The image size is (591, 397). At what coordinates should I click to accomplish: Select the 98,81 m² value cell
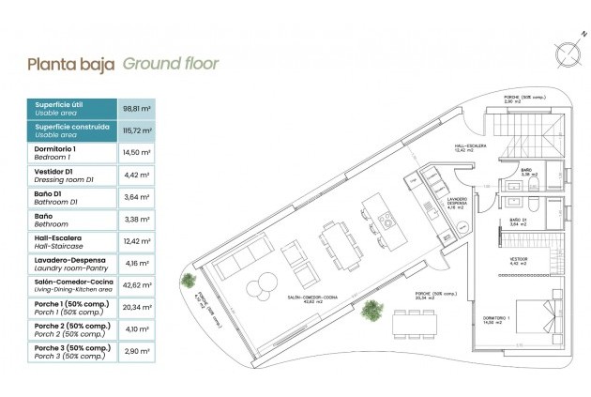tap(138, 108)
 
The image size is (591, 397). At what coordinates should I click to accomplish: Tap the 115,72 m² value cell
tap(138, 130)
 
